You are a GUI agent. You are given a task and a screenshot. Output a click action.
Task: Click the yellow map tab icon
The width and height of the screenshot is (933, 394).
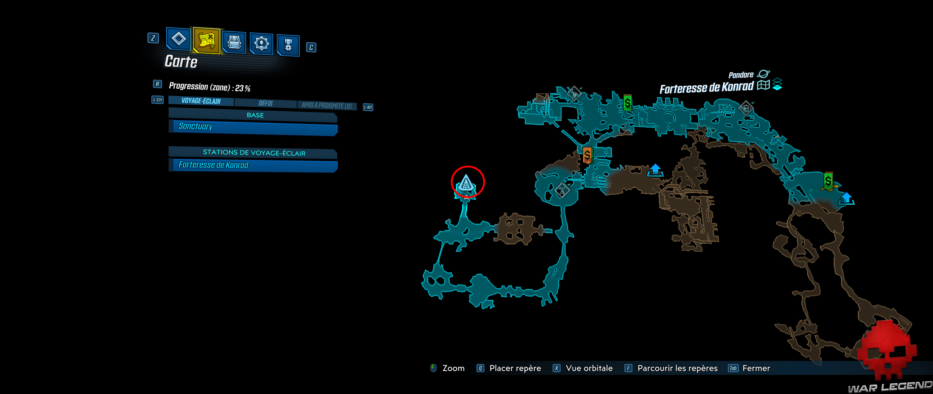[x=207, y=40]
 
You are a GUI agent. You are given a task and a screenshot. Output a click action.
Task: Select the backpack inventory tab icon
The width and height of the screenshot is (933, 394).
[x=234, y=42]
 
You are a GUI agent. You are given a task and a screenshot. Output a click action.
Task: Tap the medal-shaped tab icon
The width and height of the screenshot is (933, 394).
[x=288, y=45]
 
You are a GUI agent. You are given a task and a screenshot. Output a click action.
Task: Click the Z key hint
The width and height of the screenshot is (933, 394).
[x=153, y=38]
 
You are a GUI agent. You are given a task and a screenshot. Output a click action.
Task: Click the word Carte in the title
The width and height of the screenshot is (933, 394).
[x=181, y=61]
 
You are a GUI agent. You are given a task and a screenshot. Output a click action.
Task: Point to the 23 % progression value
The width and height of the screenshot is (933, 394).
[x=243, y=88]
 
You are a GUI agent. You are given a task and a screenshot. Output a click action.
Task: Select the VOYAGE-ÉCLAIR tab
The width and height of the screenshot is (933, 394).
[x=201, y=101]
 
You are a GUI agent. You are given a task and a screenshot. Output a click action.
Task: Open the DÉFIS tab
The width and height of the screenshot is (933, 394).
[x=265, y=103]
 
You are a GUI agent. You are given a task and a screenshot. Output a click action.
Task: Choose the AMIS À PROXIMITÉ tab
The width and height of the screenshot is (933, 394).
[x=326, y=105]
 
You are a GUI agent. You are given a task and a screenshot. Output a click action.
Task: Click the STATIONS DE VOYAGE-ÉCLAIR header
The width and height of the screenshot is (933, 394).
[x=254, y=152]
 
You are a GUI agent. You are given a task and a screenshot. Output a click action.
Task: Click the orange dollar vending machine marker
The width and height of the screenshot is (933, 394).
[x=587, y=155]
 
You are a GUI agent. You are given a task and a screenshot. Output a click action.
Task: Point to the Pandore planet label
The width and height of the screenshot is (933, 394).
[x=741, y=75]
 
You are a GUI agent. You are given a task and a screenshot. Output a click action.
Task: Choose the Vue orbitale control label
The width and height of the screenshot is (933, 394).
[x=589, y=368]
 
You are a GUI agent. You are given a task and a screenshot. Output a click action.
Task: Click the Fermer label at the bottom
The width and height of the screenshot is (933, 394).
[x=756, y=368]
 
